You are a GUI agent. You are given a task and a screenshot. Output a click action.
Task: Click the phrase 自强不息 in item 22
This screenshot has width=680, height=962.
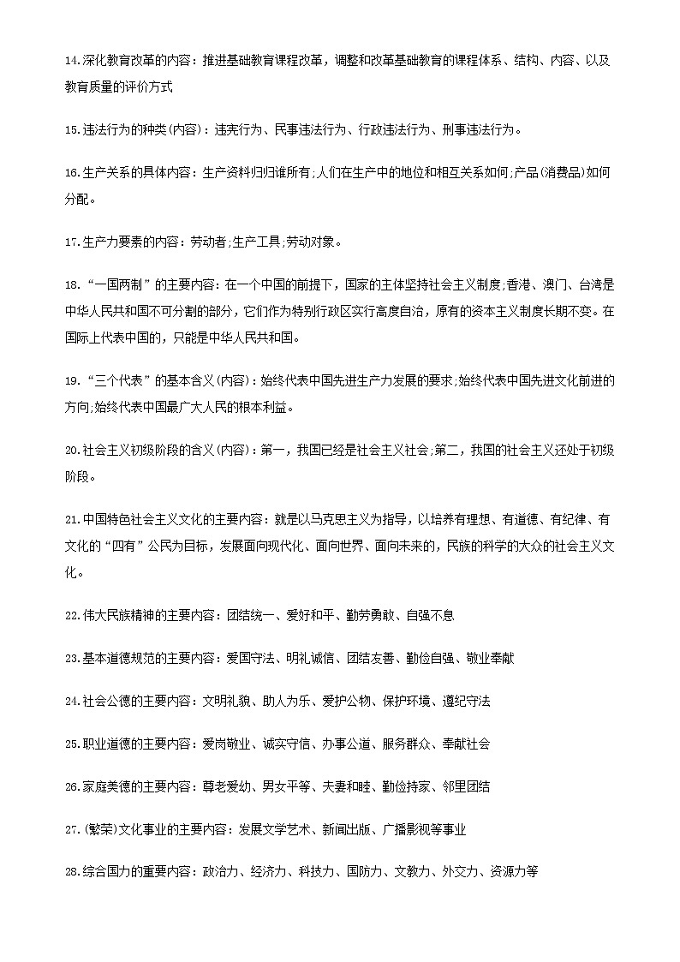tap(430, 615)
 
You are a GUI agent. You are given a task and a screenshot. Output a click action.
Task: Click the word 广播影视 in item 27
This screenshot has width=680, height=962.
tap(405, 829)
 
